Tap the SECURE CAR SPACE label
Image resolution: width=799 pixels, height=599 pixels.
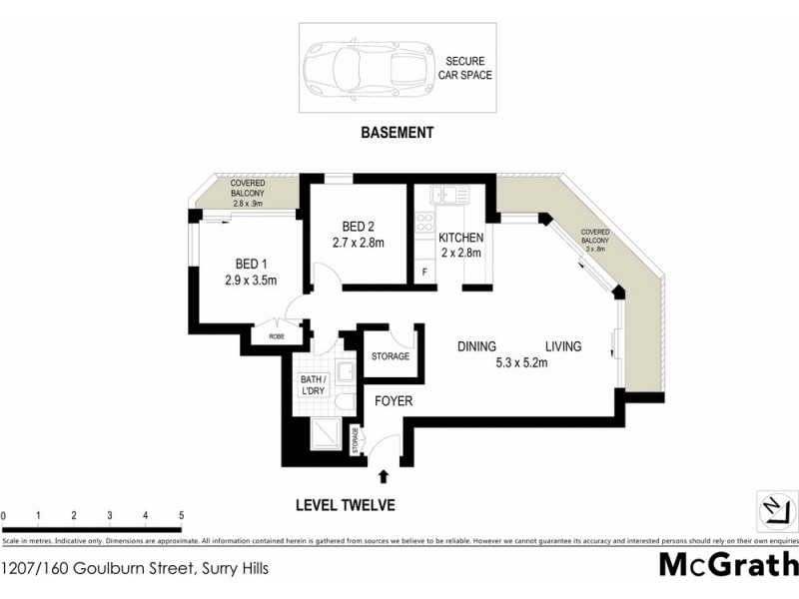tap(468, 68)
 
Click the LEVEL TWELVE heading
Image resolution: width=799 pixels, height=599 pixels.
tap(346, 505)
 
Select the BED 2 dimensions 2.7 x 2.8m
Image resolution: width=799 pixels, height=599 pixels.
tap(359, 243)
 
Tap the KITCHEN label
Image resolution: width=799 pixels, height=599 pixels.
tap(460, 238)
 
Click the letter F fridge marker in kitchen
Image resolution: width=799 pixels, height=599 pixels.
tap(424, 272)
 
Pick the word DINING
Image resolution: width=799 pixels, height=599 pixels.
tap(477, 346)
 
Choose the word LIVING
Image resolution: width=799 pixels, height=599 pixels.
tap(563, 346)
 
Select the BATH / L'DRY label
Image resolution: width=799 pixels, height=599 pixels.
tap(315, 385)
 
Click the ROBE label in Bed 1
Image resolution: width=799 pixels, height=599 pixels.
tap(277, 337)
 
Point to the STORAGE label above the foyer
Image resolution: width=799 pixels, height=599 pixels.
tap(391, 356)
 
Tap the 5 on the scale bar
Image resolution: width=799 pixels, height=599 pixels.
tap(181, 516)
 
